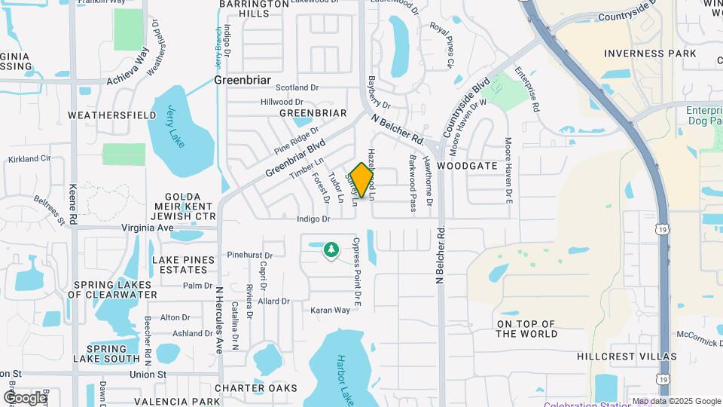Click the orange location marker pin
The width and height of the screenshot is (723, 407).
coord(362,180)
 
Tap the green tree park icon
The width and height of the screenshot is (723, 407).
coord(331,249)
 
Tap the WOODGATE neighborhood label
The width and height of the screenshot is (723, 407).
coord(467,165)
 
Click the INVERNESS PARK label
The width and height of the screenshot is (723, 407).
coord(650,54)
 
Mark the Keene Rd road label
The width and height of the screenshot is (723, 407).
coord(73,203)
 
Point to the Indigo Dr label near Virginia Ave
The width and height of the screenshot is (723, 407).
coord(313,219)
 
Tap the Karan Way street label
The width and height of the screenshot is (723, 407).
coord(330,310)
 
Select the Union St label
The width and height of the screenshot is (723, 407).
coord(147,374)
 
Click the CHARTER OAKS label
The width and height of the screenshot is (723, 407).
coord(255,388)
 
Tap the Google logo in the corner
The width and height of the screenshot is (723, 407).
coord(25,397)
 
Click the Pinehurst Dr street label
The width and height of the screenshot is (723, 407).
coord(249,256)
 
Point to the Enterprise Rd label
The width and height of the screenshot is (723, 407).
coord(527,91)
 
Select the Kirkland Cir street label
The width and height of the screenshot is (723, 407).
coord(30,159)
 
